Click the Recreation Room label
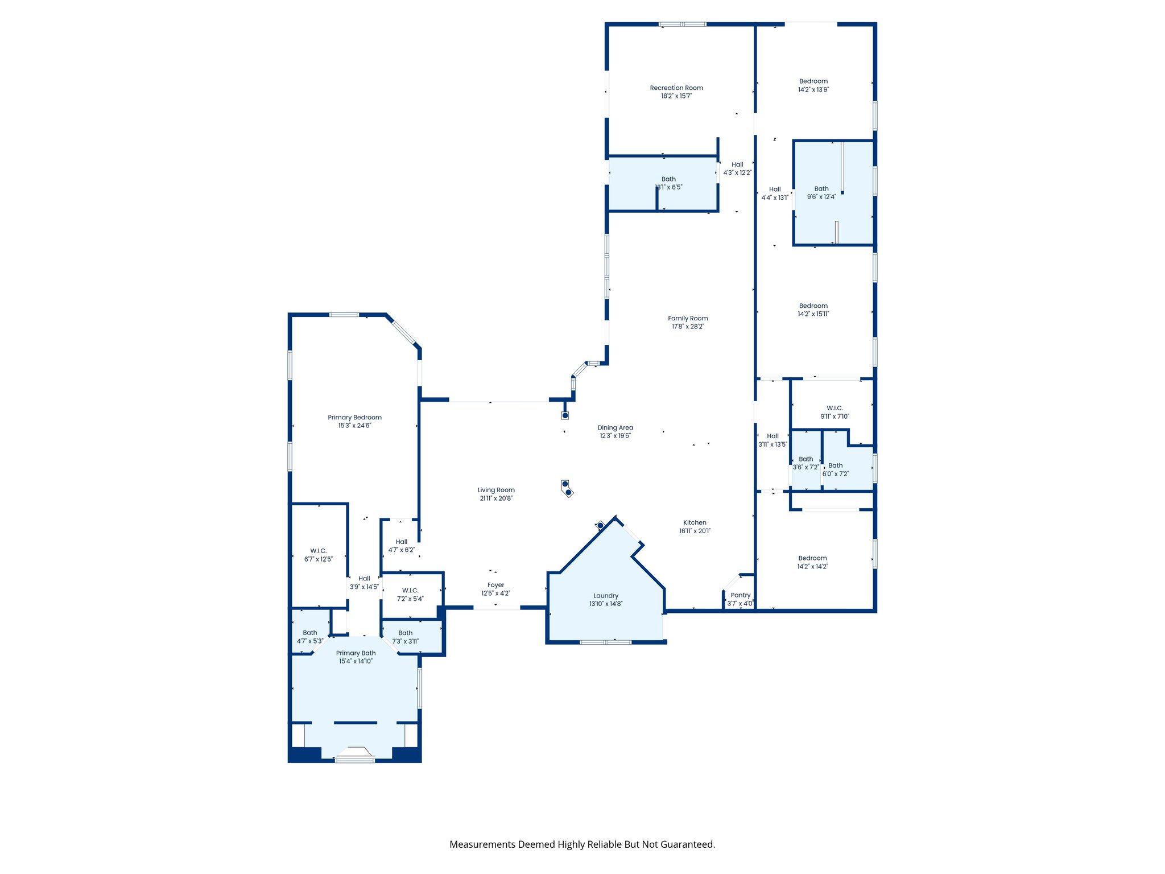(676, 88)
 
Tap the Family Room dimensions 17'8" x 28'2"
(688, 327)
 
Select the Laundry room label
(606, 596)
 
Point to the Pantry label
(740, 595)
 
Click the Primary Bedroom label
(354, 418)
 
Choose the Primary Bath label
(356, 653)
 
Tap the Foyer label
(495, 585)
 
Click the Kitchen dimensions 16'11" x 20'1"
(695, 531)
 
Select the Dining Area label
(615, 428)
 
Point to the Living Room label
(496, 490)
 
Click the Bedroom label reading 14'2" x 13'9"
(813, 81)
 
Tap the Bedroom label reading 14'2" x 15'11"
(813, 306)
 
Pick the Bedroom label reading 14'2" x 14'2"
(812, 558)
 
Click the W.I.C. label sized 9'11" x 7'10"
(834, 409)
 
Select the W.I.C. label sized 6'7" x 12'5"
(319, 551)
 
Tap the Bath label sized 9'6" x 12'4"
(821, 189)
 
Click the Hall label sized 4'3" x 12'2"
(737, 164)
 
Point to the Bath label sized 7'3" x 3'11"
(406, 633)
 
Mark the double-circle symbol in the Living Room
(567, 489)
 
